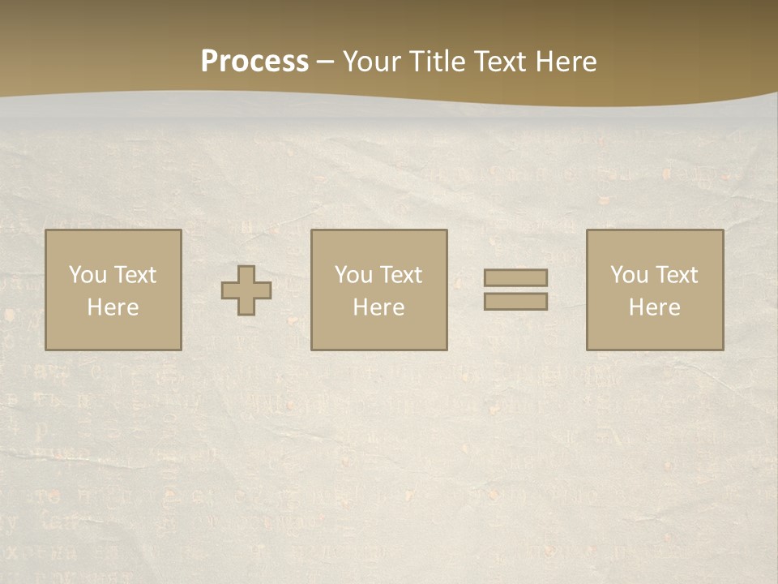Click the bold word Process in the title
tap(254, 61)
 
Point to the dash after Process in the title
tap(326, 62)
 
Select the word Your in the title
tap(374, 62)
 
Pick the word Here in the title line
tap(567, 61)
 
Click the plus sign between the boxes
tap(246, 290)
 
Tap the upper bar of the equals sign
tap(515, 277)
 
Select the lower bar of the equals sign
tap(515, 301)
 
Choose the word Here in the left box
tap(113, 307)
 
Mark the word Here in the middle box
tap(378, 307)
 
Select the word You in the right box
tap(630, 275)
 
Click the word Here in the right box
tap(654, 307)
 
